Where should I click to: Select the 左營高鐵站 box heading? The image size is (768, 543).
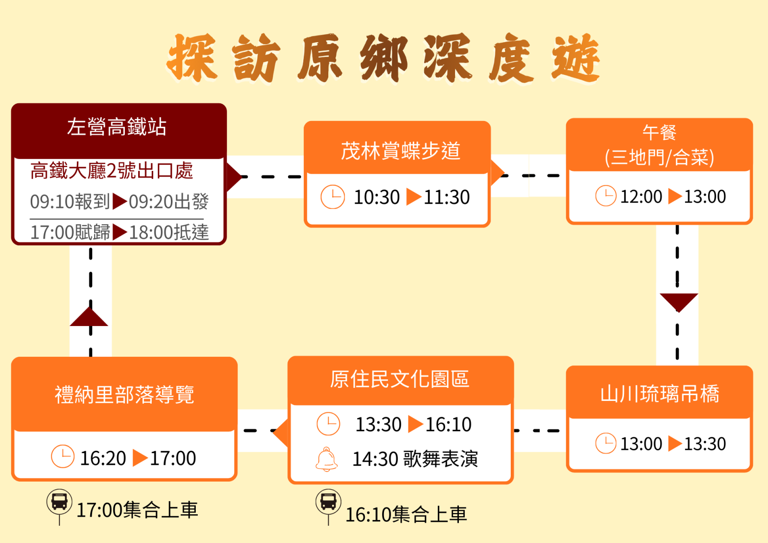click(117, 127)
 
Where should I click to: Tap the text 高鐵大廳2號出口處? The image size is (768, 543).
click(111, 171)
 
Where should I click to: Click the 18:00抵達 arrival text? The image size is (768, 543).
click(169, 233)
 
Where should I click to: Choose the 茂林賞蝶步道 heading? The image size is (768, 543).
click(400, 151)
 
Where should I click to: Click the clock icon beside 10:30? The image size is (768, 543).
click(332, 197)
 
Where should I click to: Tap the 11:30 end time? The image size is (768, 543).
click(446, 197)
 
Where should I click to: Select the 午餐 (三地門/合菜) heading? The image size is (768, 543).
click(659, 145)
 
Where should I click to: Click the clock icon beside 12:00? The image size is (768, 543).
click(605, 196)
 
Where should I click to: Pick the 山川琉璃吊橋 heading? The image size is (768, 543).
click(660, 394)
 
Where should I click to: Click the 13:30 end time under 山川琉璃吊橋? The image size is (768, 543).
click(705, 444)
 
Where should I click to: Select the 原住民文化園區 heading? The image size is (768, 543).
click(399, 379)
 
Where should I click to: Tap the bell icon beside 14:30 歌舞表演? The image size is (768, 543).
click(327, 459)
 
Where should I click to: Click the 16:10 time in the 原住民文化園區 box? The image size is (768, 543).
click(448, 425)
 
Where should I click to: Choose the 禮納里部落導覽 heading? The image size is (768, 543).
click(124, 395)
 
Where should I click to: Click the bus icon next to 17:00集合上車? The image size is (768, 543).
click(60, 502)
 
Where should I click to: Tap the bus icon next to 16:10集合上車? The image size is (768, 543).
click(328, 502)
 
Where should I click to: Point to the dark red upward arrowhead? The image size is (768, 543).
click(89, 317)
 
